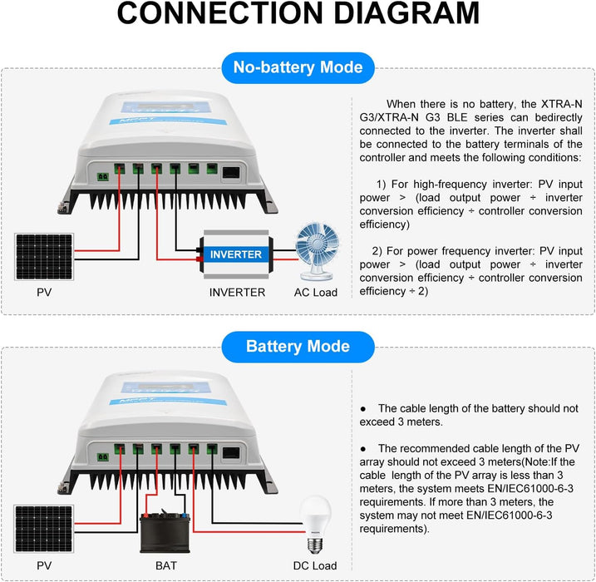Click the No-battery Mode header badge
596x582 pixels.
(x=298, y=68)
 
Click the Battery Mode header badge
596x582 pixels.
(x=298, y=346)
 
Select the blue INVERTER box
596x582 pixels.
(x=237, y=254)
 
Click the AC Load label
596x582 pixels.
(x=316, y=293)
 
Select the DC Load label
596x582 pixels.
(x=316, y=565)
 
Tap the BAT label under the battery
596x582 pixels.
(x=166, y=565)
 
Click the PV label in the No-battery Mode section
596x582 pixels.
(x=44, y=293)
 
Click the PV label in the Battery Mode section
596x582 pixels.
(x=44, y=565)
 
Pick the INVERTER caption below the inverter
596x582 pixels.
(x=237, y=293)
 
